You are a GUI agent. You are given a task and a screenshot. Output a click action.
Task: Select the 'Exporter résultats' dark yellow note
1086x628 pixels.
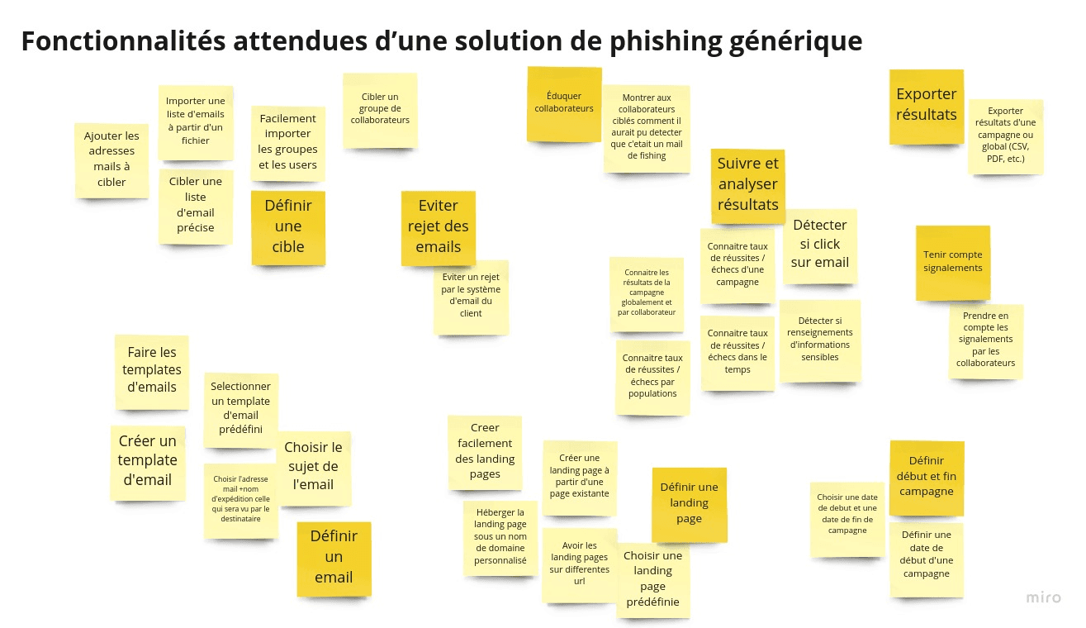tap(926, 105)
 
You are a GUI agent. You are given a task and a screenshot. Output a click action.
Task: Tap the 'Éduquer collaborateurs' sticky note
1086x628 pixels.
tap(563, 102)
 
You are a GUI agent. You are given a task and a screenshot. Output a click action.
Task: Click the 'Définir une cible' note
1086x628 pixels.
tap(288, 226)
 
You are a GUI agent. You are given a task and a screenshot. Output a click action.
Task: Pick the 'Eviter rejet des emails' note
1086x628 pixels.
tap(438, 226)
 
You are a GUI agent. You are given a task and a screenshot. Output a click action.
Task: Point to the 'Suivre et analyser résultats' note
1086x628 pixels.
tap(747, 184)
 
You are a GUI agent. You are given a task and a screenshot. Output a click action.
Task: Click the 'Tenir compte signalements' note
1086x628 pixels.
tap(952, 262)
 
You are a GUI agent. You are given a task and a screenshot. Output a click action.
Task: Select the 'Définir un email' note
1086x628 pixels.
tap(334, 557)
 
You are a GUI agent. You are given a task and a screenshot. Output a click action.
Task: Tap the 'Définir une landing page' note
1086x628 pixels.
tap(689, 503)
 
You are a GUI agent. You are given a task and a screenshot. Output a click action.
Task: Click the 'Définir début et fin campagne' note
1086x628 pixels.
tap(926, 476)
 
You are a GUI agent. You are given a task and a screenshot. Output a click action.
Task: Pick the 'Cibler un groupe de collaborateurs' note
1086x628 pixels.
tap(380, 109)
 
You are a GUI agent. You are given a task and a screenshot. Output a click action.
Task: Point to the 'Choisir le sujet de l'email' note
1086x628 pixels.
tap(313, 467)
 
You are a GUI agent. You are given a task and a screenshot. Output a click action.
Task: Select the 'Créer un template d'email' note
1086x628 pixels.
tap(147, 460)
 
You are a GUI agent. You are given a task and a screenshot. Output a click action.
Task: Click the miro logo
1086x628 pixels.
tap(1043, 597)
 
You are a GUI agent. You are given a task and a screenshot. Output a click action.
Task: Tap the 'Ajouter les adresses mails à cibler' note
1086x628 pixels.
tap(111, 159)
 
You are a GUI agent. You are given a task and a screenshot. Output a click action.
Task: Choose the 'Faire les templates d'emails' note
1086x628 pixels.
tap(152, 370)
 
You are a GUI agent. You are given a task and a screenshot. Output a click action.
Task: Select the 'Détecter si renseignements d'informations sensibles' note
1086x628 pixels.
tap(819, 340)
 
